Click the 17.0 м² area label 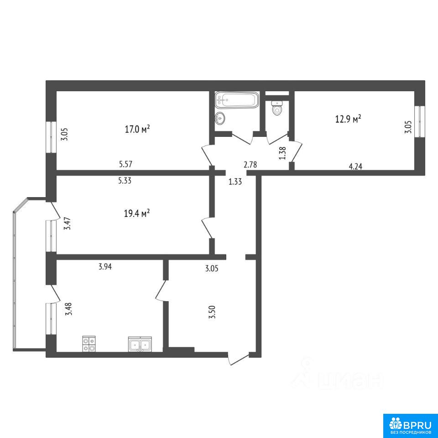(137, 129)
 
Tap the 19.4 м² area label (136, 214)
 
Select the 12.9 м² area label (348, 119)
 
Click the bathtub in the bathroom (237, 100)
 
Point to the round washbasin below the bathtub (220, 118)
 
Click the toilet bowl (277, 108)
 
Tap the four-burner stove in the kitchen (89, 344)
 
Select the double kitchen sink (140, 344)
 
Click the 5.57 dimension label (125, 164)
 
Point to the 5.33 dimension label (125, 181)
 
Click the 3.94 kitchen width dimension (105, 267)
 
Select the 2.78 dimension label (250, 165)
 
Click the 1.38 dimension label (283, 153)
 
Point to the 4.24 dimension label (355, 167)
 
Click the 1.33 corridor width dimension (235, 182)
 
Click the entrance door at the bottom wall (238, 359)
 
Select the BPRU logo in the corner (410, 425)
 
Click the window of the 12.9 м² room (420, 121)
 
